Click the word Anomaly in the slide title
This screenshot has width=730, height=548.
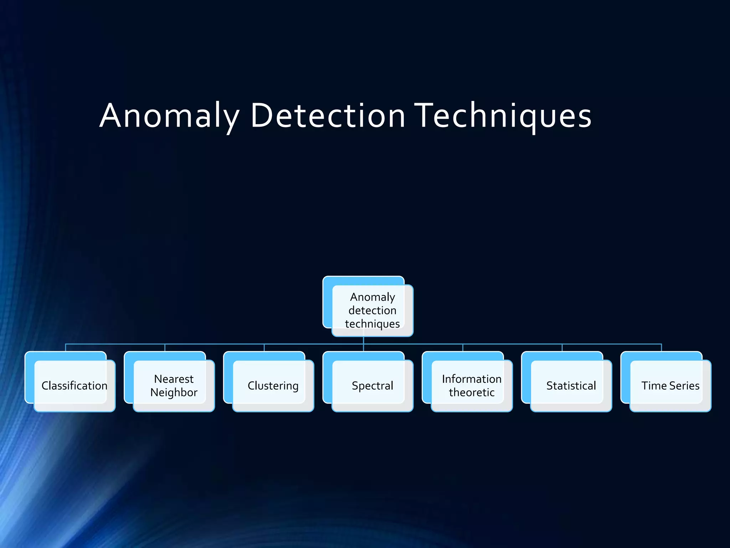[x=169, y=116]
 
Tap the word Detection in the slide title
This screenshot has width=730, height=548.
[x=328, y=116]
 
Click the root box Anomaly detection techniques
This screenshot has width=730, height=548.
[x=372, y=310]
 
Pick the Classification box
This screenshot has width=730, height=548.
[x=74, y=386]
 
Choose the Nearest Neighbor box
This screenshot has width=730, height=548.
[x=174, y=386]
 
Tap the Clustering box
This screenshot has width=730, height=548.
[x=273, y=386]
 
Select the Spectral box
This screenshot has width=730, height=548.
[x=372, y=386]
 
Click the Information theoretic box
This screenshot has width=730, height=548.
[x=472, y=386]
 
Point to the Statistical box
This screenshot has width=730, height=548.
[x=571, y=386]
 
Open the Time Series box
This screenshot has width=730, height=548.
[x=670, y=386]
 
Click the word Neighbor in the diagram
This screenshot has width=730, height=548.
[x=174, y=392]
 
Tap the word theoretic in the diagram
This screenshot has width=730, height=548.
[x=472, y=392]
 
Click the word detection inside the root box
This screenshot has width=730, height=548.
[x=372, y=310]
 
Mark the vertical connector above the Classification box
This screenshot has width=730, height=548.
[x=66, y=348]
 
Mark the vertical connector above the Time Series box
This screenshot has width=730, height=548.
[x=662, y=348]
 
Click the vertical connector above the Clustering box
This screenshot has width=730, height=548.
[x=264, y=348]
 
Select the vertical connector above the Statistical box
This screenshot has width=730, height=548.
[x=562, y=348]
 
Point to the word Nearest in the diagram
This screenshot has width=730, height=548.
[x=174, y=379]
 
